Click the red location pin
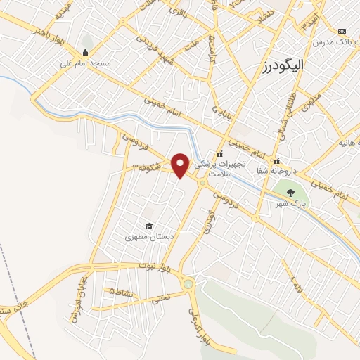point(181,165)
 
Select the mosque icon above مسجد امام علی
point(85,52)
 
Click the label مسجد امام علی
point(85,63)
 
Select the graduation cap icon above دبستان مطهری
point(149,226)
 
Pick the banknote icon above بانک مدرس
point(342,32)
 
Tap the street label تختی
point(161,298)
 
